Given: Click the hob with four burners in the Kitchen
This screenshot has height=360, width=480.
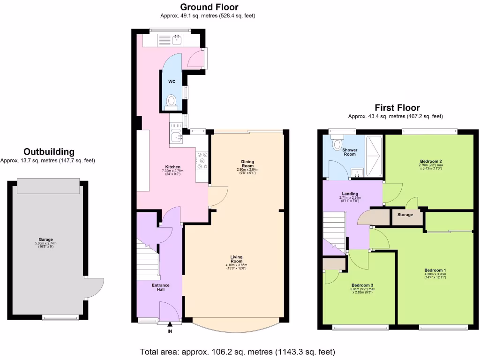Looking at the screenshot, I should point(202,160).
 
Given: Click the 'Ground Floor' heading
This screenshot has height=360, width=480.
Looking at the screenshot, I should point(209,7).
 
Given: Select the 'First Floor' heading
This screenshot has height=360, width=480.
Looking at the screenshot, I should point(397,108).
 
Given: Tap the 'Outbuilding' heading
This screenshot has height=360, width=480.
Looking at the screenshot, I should point(49,152).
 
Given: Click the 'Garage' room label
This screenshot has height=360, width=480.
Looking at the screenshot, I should point(46,239).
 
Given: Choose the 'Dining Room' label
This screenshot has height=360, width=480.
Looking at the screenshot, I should point(247,164).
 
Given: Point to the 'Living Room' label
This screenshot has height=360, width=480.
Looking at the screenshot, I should point(236,259).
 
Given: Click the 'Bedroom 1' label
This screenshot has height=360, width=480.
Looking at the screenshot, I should point(435,270).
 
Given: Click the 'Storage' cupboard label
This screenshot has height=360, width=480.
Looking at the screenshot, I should point(405,215).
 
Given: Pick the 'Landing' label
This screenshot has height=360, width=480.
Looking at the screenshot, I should point(350,194).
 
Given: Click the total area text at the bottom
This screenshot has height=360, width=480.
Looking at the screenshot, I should point(237,352).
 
